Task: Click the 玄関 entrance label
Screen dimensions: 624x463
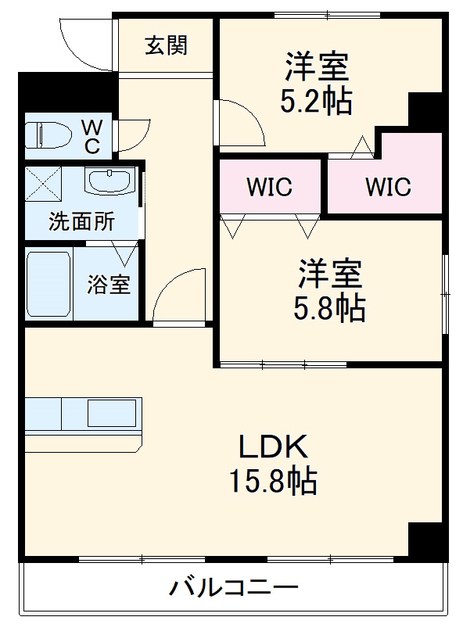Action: point(166,46)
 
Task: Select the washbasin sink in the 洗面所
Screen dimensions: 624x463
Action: point(108,183)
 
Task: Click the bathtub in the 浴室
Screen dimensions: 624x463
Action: point(48,284)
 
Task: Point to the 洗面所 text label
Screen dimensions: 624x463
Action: point(81,222)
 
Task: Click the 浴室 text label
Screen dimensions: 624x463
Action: point(109,284)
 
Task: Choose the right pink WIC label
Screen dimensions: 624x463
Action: point(387,188)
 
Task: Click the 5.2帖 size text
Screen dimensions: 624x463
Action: point(315,102)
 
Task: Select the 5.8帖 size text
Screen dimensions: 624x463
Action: point(328,310)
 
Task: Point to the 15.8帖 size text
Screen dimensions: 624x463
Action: point(272,480)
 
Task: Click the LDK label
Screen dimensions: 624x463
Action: point(272,447)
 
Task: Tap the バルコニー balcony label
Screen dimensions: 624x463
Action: point(233,586)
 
